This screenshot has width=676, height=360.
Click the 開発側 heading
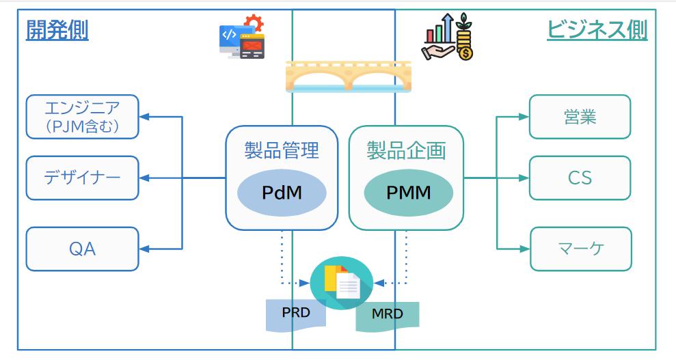point(57,30)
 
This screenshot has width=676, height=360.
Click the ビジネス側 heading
point(597,30)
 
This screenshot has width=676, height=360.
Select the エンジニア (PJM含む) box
point(82,117)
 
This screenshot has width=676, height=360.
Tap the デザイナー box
point(82,178)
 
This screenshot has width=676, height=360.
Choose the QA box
point(82,249)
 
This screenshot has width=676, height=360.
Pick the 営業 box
point(580,117)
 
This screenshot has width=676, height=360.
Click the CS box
point(580,178)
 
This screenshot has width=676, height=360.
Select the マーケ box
point(580,249)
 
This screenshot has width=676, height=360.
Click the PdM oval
point(282,193)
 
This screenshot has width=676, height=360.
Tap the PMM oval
point(408,193)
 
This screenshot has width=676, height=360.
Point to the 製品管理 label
point(282,150)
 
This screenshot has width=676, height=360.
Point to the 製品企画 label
point(406,150)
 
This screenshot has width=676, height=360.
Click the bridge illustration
point(349,76)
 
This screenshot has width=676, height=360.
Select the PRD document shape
point(295,314)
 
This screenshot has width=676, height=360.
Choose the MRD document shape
point(387,315)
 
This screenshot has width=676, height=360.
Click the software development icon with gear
point(241,38)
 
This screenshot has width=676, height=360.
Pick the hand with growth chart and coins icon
point(448,38)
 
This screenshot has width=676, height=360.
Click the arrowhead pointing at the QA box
point(144,249)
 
